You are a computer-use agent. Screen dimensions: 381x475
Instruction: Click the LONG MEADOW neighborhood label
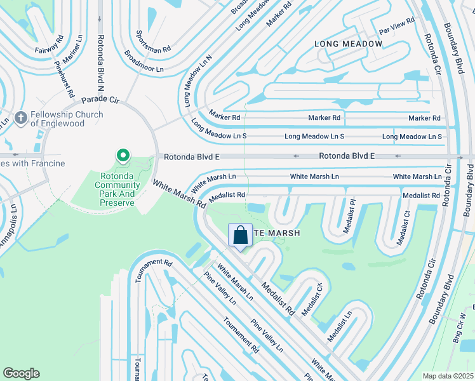click(x=349, y=44)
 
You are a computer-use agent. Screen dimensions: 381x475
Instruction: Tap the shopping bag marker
click(x=241, y=236)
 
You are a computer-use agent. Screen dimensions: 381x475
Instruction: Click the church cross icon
click(x=21, y=117)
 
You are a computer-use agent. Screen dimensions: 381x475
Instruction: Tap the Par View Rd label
click(x=396, y=26)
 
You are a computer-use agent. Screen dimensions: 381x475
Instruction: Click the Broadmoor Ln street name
click(x=144, y=62)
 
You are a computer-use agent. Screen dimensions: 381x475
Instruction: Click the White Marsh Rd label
click(x=179, y=194)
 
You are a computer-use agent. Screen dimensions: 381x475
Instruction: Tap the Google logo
click(x=21, y=373)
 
